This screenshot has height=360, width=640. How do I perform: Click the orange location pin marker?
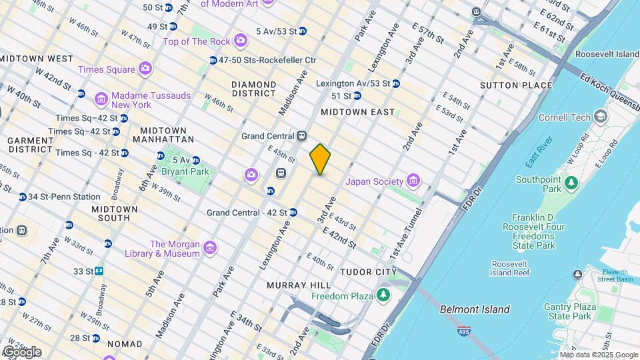(x=320, y=159)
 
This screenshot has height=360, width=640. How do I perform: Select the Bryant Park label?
(x=185, y=171)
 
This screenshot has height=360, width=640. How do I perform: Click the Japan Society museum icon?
(x=413, y=181)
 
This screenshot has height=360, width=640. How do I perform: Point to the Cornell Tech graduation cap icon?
(x=601, y=117)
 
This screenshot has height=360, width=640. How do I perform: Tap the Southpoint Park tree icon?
(x=571, y=181)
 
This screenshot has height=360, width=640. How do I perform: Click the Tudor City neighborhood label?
(x=368, y=272)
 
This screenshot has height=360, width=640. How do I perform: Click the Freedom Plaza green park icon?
(x=383, y=295)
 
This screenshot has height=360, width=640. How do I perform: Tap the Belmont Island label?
(x=475, y=309)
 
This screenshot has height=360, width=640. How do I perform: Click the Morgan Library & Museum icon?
(x=210, y=249)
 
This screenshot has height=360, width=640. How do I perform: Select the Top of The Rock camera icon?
(x=240, y=41)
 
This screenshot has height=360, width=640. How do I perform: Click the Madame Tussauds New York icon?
(x=101, y=100)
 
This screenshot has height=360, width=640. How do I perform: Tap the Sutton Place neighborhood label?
(x=516, y=85)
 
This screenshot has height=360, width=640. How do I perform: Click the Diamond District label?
(x=253, y=89)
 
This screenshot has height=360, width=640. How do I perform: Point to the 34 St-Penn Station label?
(x=64, y=197)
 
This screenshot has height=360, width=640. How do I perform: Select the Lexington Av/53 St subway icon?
(x=396, y=83)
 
